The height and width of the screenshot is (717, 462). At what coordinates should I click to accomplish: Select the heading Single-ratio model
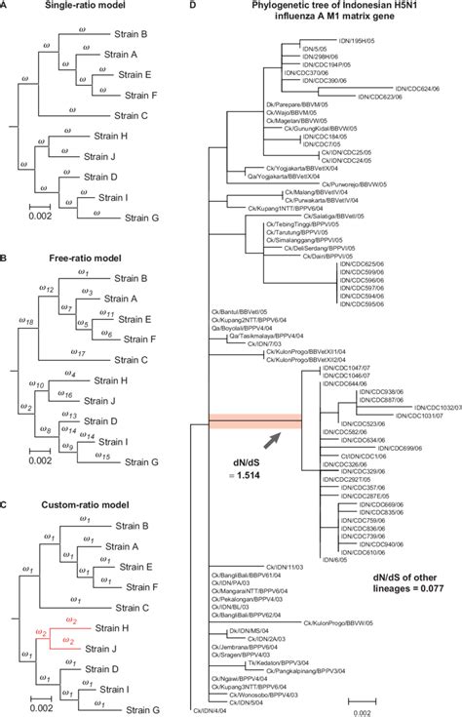(x=67, y=8)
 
